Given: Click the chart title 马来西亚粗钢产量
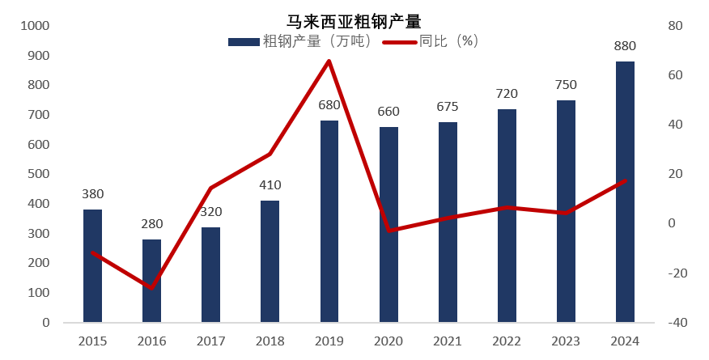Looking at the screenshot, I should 354,22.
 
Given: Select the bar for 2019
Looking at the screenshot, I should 329,222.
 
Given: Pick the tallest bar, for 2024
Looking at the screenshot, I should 625,192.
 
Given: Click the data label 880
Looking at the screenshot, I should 625,46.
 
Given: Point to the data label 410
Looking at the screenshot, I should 270,185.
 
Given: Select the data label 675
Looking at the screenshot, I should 448,107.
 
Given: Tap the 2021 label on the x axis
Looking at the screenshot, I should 448,341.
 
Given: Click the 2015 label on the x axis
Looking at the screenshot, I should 93,341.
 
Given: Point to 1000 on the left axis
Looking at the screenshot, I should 35,26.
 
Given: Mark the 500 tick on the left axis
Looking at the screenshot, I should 38,174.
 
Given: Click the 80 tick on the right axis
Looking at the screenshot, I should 676,26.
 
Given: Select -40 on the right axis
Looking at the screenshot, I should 677,322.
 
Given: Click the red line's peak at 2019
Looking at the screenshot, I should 329,61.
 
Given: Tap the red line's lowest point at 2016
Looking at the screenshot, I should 152,288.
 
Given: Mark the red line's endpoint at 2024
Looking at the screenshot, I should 625,180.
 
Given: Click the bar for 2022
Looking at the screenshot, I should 507,216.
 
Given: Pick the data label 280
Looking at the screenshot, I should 152,224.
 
